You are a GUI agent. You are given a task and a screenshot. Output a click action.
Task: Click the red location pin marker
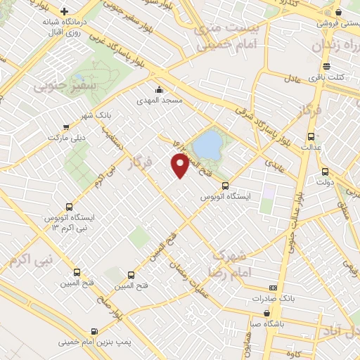[180, 165]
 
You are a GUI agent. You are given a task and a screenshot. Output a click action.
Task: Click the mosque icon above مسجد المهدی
[160, 90]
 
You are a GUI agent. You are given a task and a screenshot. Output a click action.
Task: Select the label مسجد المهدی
[162, 101]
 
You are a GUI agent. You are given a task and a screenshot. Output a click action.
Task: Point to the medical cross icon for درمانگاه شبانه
[65, 12]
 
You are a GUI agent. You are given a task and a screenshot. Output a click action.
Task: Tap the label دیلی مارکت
[65, 138]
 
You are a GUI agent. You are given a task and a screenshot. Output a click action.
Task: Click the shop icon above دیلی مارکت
[66, 127]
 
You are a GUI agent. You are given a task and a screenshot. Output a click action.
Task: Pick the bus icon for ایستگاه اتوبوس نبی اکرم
[69, 207]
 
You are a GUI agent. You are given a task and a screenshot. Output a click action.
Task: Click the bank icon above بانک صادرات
[273, 288]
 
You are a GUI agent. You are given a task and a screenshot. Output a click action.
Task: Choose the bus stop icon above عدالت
[311, 137]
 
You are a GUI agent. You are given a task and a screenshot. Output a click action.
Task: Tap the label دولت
[323, 183]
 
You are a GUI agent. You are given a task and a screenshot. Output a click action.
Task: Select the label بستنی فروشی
[333, 23]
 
